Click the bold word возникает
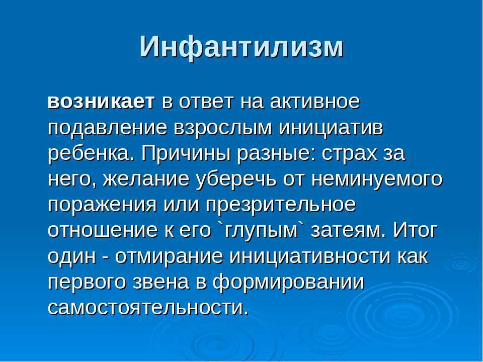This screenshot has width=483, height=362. (x=101, y=102)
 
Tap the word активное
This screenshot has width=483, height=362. (x=315, y=102)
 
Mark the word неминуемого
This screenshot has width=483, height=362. (x=377, y=180)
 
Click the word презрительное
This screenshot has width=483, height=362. (x=281, y=206)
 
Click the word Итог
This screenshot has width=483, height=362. (x=415, y=230)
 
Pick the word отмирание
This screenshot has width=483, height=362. (x=169, y=257)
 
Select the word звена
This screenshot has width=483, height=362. (x=162, y=283)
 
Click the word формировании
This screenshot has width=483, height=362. (x=288, y=283)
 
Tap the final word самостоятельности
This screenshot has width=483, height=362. (x=148, y=308)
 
